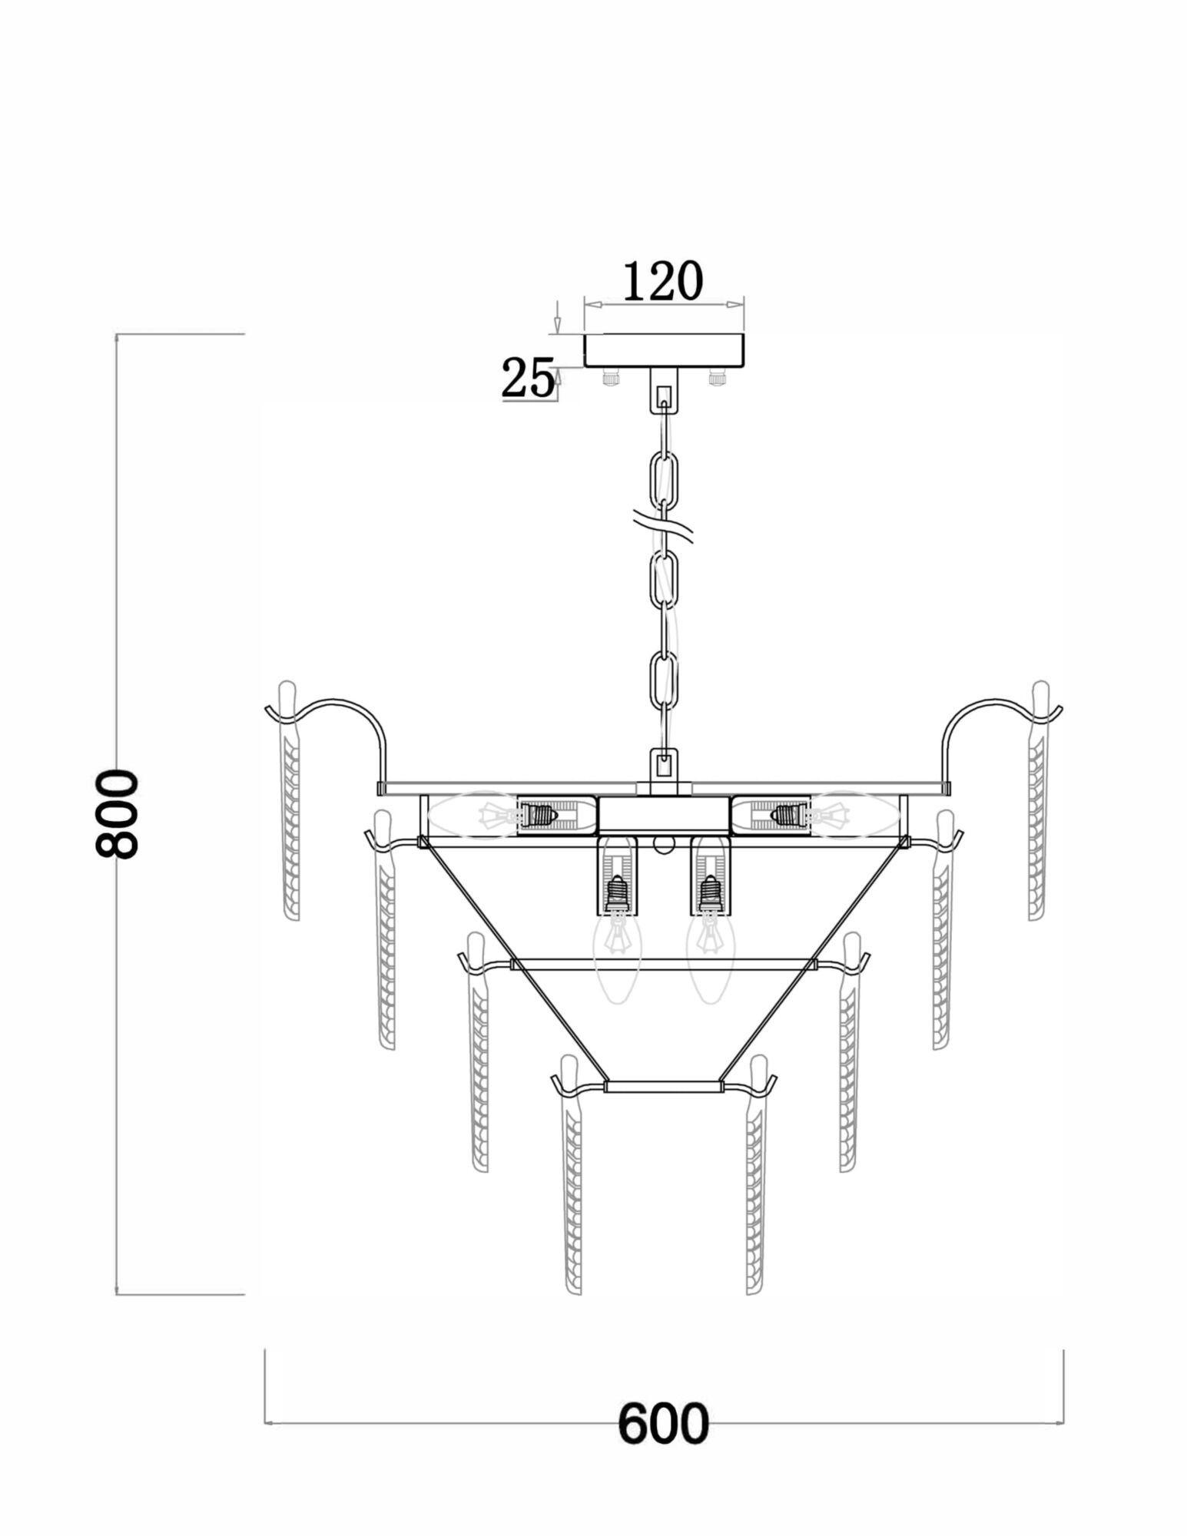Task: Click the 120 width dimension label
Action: click(x=662, y=282)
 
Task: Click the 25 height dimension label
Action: click(x=528, y=379)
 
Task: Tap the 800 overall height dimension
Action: click(x=117, y=813)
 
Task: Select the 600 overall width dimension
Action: click(x=662, y=1423)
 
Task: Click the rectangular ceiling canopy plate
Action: click(x=665, y=350)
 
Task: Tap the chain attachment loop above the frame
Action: click(x=664, y=763)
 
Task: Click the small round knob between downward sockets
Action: click(x=664, y=845)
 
